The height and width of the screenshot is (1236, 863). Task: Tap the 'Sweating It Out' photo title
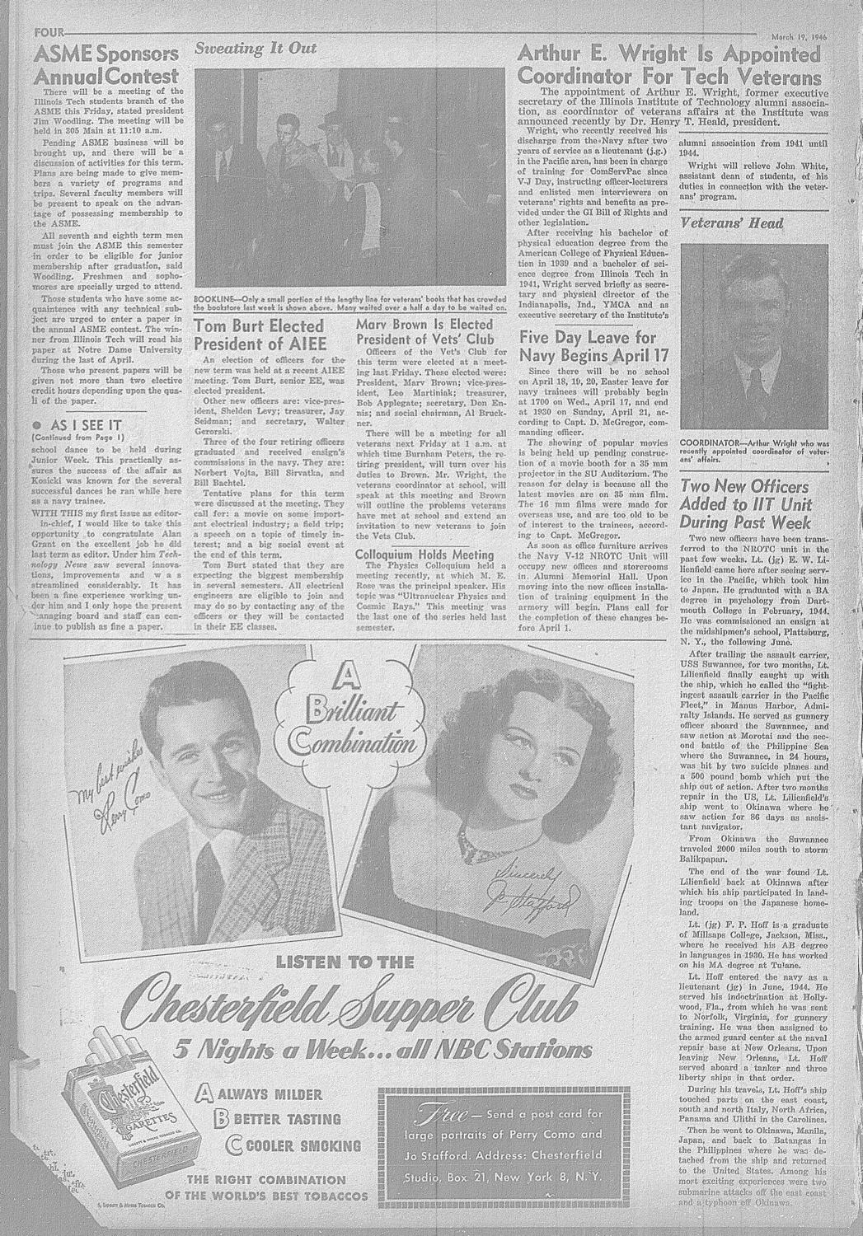[255, 49]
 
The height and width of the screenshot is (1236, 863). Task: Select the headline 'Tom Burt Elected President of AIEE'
[260, 334]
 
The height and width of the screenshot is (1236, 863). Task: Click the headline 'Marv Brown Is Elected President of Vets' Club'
[425, 331]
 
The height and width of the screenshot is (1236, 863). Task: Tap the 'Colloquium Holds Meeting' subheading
[424, 555]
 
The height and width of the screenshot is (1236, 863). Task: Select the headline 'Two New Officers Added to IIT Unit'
[746, 503]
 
